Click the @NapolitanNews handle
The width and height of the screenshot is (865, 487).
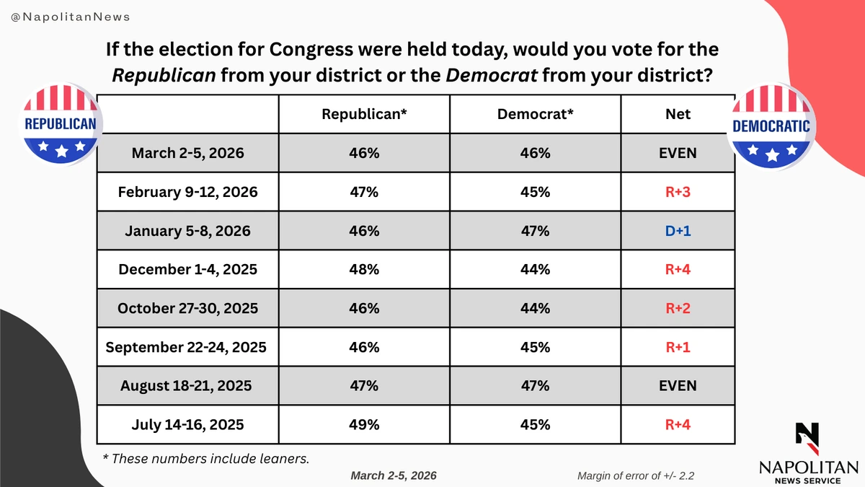click(71, 17)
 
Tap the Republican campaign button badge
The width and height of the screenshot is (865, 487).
click(61, 124)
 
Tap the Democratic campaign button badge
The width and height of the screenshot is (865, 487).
click(771, 126)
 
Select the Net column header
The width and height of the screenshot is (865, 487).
click(678, 114)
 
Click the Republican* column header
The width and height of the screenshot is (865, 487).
click(364, 114)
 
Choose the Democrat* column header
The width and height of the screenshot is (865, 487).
click(535, 114)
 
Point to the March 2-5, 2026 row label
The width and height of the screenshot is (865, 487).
click(187, 153)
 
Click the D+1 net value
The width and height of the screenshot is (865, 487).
click(678, 231)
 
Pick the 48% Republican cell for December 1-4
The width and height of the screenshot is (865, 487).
click(364, 269)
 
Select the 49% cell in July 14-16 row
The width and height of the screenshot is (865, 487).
click(364, 424)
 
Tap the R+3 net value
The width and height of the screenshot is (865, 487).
click(678, 192)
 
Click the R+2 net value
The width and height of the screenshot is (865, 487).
click(678, 308)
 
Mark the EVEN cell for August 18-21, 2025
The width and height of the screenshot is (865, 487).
click(678, 386)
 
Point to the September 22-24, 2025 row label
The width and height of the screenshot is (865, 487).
click(186, 347)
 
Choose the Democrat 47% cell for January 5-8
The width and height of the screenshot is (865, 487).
click(535, 231)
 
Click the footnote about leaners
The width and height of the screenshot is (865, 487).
click(206, 459)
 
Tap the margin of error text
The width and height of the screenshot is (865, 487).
click(636, 475)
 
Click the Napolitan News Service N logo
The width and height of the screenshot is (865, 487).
click(807, 439)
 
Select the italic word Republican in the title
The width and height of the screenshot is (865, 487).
click(164, 75)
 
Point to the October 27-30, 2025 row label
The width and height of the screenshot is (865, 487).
click(187, 309)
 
